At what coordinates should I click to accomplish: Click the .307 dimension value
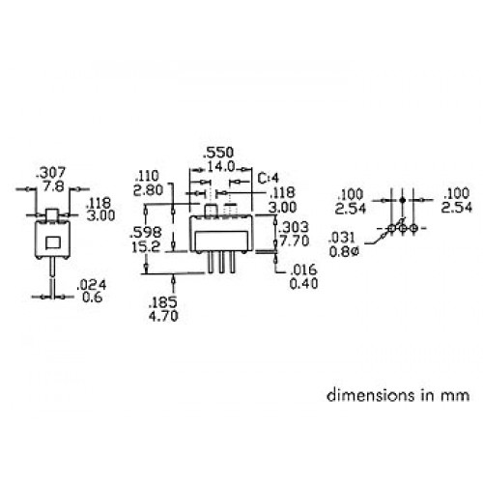click(51, 173)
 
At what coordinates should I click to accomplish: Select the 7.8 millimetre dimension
click(54, 186)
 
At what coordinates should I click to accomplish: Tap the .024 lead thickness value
click(92, 285)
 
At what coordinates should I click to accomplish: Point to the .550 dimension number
click(219, 153)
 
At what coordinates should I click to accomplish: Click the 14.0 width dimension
click(221, 167)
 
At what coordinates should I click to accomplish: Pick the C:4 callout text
click(269, 178)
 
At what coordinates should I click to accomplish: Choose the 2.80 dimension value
click(149, 190)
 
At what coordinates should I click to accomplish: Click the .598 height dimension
click(146, 233)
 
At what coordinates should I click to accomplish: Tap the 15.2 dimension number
click(146, 247)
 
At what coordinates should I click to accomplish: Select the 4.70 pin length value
click(163, 316)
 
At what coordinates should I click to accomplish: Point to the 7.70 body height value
click(295, 241)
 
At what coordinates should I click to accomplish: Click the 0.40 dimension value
click(303, 284)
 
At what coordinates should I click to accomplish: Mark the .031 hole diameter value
click(342, 238)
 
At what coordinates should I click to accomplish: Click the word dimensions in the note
click(371, 395)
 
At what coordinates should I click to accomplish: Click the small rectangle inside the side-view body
click(53, 242)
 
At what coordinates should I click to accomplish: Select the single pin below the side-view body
click(52, 267)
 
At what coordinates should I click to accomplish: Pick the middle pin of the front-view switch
click(221, 263)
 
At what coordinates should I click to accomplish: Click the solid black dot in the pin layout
click(402, 200)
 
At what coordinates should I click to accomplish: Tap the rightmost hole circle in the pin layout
click(414, 228)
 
